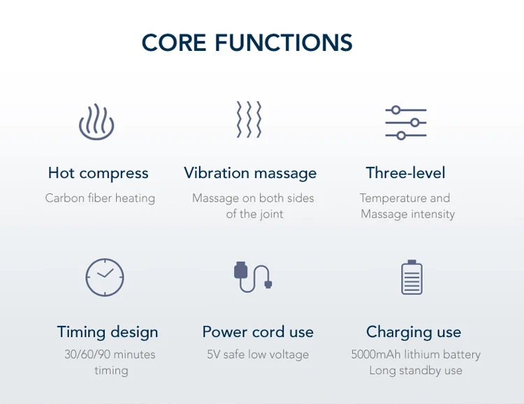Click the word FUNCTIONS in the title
coord(283,43)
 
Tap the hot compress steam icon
coord(96,122)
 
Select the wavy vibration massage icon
coord(249,119)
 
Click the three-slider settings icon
coord(406,122)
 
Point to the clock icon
coord(105,277)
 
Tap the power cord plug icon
coord(252,276)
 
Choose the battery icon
coord(412,277)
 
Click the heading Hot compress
coord(99,173)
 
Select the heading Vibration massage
coord(250,173)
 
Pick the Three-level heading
coord(405,173)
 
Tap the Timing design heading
coord(108,331)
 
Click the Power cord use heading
coord(258,331)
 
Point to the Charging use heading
coord(414,331)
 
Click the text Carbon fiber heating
coord(100,198)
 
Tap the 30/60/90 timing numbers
coord(87,354)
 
